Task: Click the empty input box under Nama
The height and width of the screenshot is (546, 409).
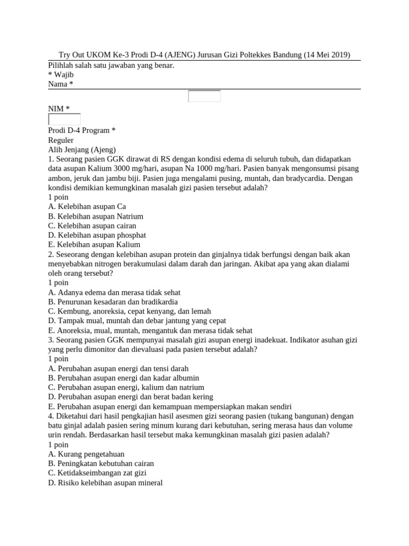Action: click(x=204, y=97)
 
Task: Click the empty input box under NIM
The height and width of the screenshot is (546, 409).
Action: click(x=64, y=119)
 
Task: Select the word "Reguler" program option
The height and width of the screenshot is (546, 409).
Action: click(x=61, y=140)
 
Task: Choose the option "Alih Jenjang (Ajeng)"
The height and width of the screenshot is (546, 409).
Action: click(x=82, y=150)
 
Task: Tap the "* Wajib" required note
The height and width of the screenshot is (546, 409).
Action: click(x=61, y=75)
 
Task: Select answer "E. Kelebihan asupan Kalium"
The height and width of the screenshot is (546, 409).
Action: click(x=94, y=245)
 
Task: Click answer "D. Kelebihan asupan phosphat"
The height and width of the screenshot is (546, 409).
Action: click(x=97, y=235)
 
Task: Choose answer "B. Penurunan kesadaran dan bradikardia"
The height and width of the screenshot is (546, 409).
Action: click(x=113, y=302)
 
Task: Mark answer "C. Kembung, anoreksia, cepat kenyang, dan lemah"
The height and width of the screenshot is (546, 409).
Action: click(x=129, y=311)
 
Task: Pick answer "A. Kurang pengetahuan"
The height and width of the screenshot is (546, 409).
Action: click(x=86, y=454)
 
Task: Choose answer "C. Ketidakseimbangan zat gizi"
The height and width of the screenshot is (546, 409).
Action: click(x=97, y=473)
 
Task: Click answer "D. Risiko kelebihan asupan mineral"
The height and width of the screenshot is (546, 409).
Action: click(x=105, y=483)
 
